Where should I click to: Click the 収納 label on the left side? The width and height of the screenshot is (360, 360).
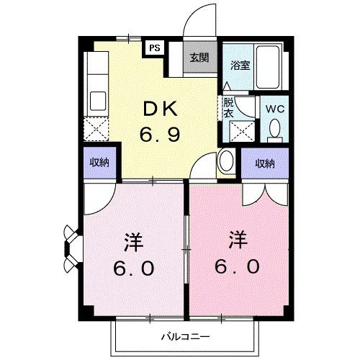pos(100,162)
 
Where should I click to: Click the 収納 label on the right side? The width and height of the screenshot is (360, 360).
pos(265,163)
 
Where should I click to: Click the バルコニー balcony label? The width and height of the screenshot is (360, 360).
pos(184,336)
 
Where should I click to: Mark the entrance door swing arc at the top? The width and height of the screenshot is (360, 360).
pos(194,20)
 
